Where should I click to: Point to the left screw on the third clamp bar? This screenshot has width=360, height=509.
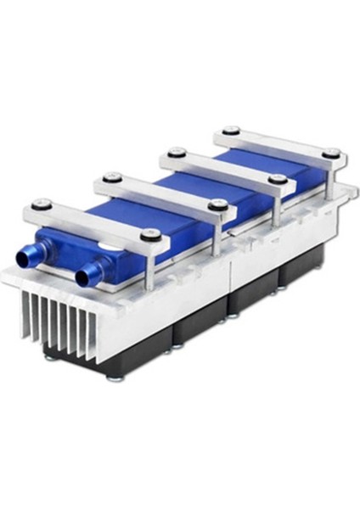click(x=176, y=152)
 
